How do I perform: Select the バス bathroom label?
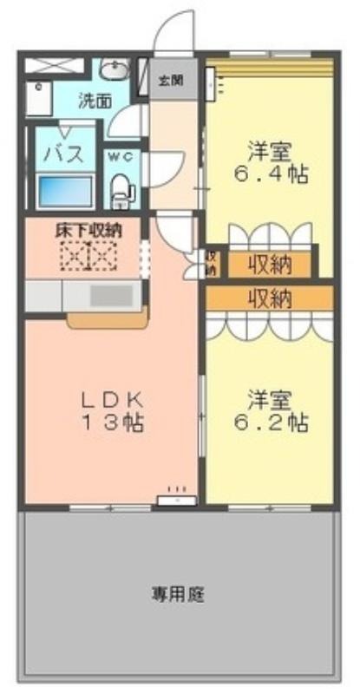pyautogui.click(x=66, y=154)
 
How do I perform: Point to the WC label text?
pyautogui.click(x=121, y=158)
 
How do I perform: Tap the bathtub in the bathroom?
pyautogui.click(x=65, y=191)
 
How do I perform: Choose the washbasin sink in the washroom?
pyautogui.click(x=115, y=69)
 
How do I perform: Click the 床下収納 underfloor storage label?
pyautogui.click(x=88, y=230)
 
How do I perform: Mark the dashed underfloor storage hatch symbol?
pyautogui.click(x=88, y=255)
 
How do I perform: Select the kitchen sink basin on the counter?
pyautogui.click(x=111, y=296)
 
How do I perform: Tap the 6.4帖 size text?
pyautogui.click(x=271, y=174)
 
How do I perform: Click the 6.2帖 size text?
pyautogui.click(x=271, y=423)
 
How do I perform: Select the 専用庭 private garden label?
pyautogui.click(x=179, y=594)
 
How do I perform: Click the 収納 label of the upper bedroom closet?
pyautogui.click(x=269, y=265)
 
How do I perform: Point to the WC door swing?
pyautogui.click(x=167, y=168)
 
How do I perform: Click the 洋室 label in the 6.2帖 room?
pyautogui.click(x=269, y=400)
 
